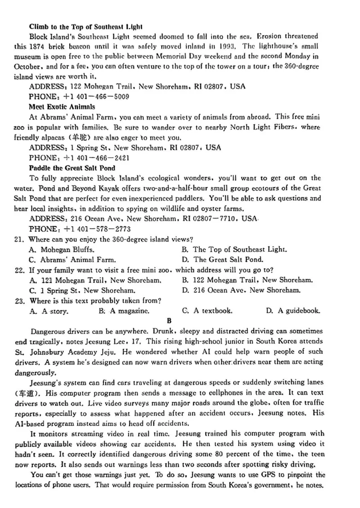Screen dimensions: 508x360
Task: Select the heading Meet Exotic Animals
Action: coord(62,107)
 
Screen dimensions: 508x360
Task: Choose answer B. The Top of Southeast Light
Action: coord(234,249)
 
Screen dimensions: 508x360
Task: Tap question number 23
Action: coord(19,300)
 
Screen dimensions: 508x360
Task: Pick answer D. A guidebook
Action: coord(293,311)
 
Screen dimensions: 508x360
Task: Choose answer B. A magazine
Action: coord(124,311)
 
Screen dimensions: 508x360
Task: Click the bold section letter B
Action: coord(169,321)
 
